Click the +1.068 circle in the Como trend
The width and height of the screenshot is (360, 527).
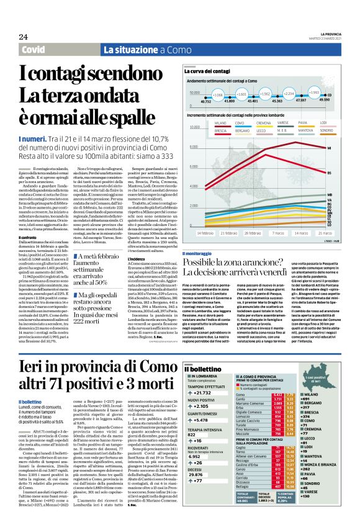[217, 95]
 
